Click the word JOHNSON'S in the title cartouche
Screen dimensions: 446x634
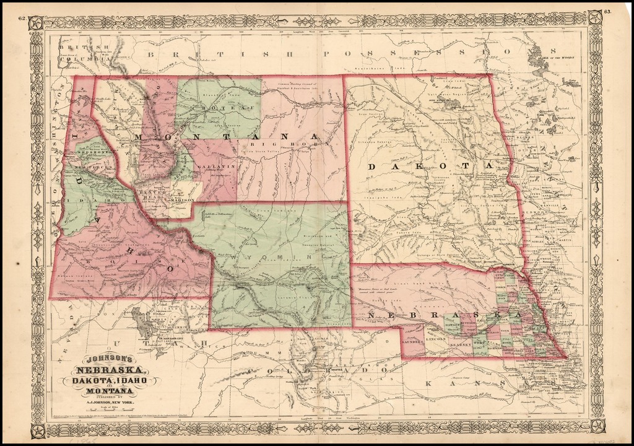[105, 358]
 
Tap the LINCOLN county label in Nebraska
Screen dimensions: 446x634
[436, 339]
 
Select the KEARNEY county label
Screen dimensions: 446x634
[460, 341]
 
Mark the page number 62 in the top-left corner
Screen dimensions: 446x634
[22, 19]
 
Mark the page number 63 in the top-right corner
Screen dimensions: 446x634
[607, 11]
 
